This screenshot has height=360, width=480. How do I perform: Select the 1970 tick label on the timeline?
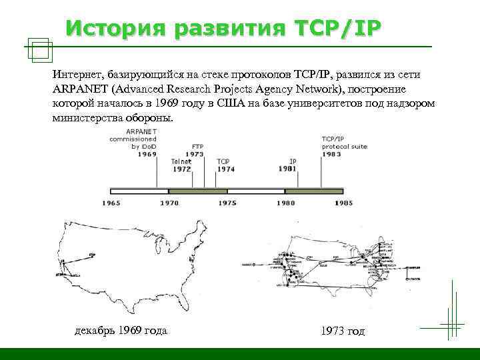[169, 202]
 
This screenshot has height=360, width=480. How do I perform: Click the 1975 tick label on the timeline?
[227, 202]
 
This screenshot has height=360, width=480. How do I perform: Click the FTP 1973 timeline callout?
[195, 150]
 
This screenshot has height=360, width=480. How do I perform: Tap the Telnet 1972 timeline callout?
[181, 165]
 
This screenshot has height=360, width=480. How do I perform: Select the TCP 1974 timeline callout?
[225, 165]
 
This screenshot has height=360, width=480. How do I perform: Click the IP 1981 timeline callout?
[289, 165]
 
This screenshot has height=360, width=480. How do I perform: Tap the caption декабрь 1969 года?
[121, 331]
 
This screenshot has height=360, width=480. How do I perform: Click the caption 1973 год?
[343, 331]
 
